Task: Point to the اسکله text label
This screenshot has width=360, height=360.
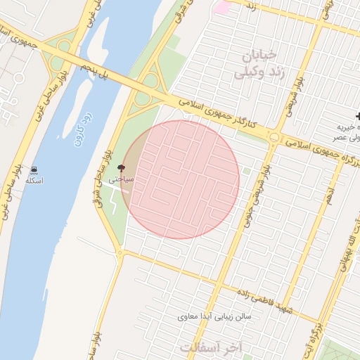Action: pos(34,181)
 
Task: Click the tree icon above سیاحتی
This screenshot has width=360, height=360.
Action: pos(121,168)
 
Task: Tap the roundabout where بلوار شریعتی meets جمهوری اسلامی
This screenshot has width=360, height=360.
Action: pos(274,137)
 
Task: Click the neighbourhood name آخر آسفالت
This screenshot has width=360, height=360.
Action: pos(210,347)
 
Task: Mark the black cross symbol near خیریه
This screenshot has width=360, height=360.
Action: pos(359,115)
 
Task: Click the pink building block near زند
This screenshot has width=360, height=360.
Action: pos(221,8)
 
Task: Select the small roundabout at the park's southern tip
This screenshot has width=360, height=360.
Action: pos(120,252)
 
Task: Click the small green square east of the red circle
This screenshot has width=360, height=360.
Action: pos(246,170)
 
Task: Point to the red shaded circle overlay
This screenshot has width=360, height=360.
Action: pos(180,179)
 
